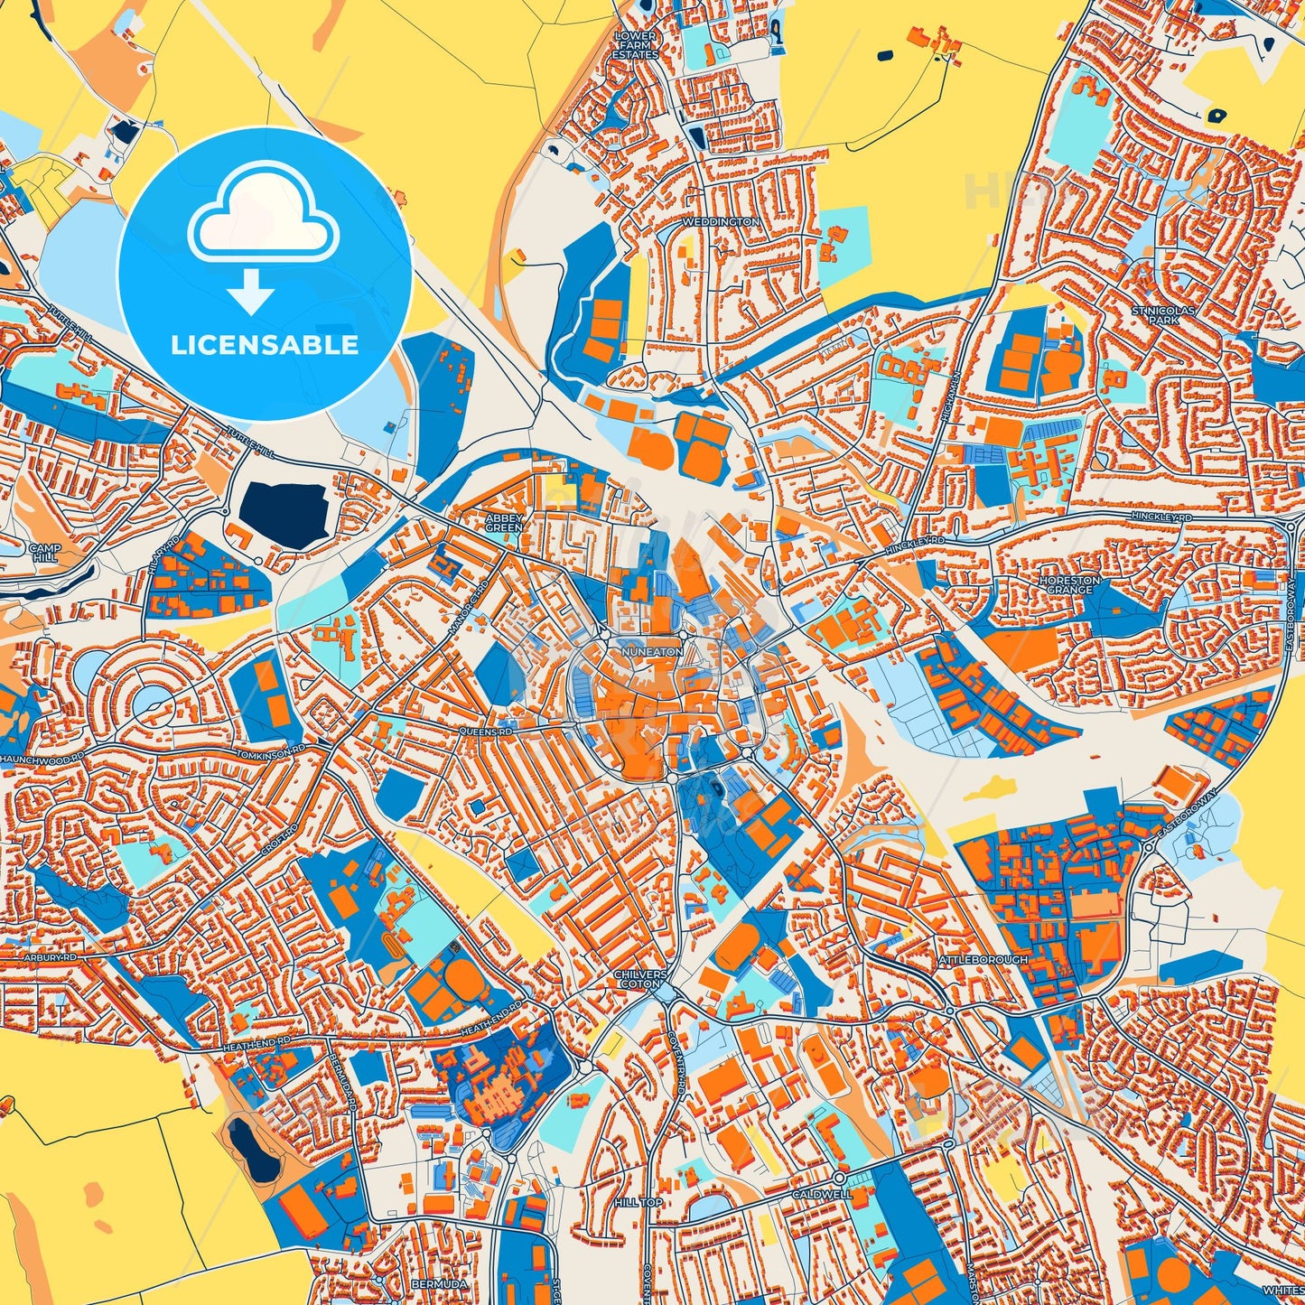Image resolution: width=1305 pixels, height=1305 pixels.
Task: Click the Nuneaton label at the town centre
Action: pos(652,650)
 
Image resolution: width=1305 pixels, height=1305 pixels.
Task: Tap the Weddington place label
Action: pos(721,221)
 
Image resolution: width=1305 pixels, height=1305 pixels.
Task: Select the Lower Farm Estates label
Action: pos(636,45)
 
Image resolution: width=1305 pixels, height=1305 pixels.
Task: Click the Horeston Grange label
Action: pos(1070,584)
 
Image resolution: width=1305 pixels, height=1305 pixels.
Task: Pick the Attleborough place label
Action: pos(983,958)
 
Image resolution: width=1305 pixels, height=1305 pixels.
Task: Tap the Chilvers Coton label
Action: pos(640,980)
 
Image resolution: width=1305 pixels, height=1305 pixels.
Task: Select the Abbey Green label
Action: pos(504,522)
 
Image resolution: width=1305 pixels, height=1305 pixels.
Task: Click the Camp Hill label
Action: pos(44,553)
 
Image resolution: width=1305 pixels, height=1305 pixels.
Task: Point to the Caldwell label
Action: pos(821,1194)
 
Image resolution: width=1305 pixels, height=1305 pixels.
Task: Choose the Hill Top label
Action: pos(639,1203)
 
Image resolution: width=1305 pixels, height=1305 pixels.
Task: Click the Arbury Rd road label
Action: pos(51,955)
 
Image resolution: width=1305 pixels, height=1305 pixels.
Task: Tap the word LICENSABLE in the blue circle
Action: pos(265,344)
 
